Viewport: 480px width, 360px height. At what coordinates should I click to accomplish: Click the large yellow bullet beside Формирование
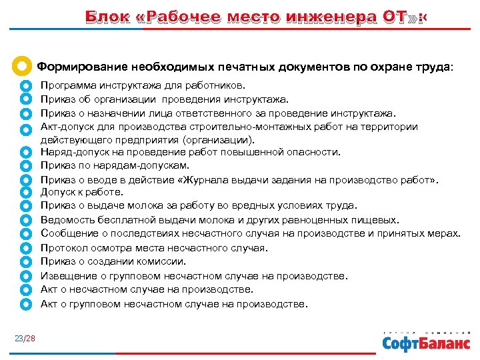[22, 67]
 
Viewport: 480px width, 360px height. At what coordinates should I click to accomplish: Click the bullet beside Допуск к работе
[26, 193]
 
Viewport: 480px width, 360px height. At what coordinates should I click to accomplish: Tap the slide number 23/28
[25, 339]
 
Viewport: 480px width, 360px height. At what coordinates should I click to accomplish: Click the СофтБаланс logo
[425, 343]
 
